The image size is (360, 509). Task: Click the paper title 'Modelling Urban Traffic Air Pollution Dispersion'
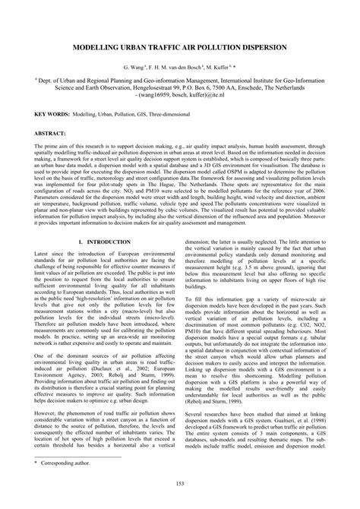click(x=179, y=47)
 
